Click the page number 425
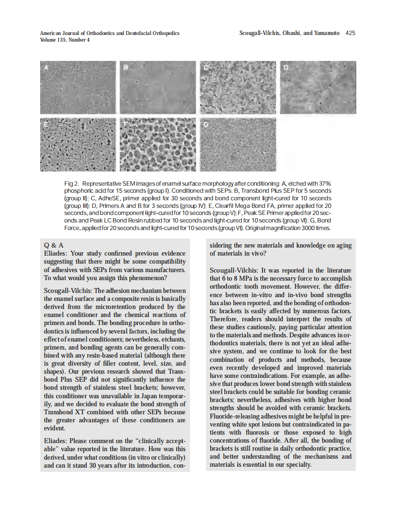(x=350, y=33)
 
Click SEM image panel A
(x=78, y=87)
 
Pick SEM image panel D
(x=318, y=87)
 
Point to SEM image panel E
(x=78, y=145)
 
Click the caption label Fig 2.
(x=71, y=183)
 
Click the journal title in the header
(x=110, y=33)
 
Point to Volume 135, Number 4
(x=65, y=40)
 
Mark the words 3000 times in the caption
(x=317, y=228)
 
